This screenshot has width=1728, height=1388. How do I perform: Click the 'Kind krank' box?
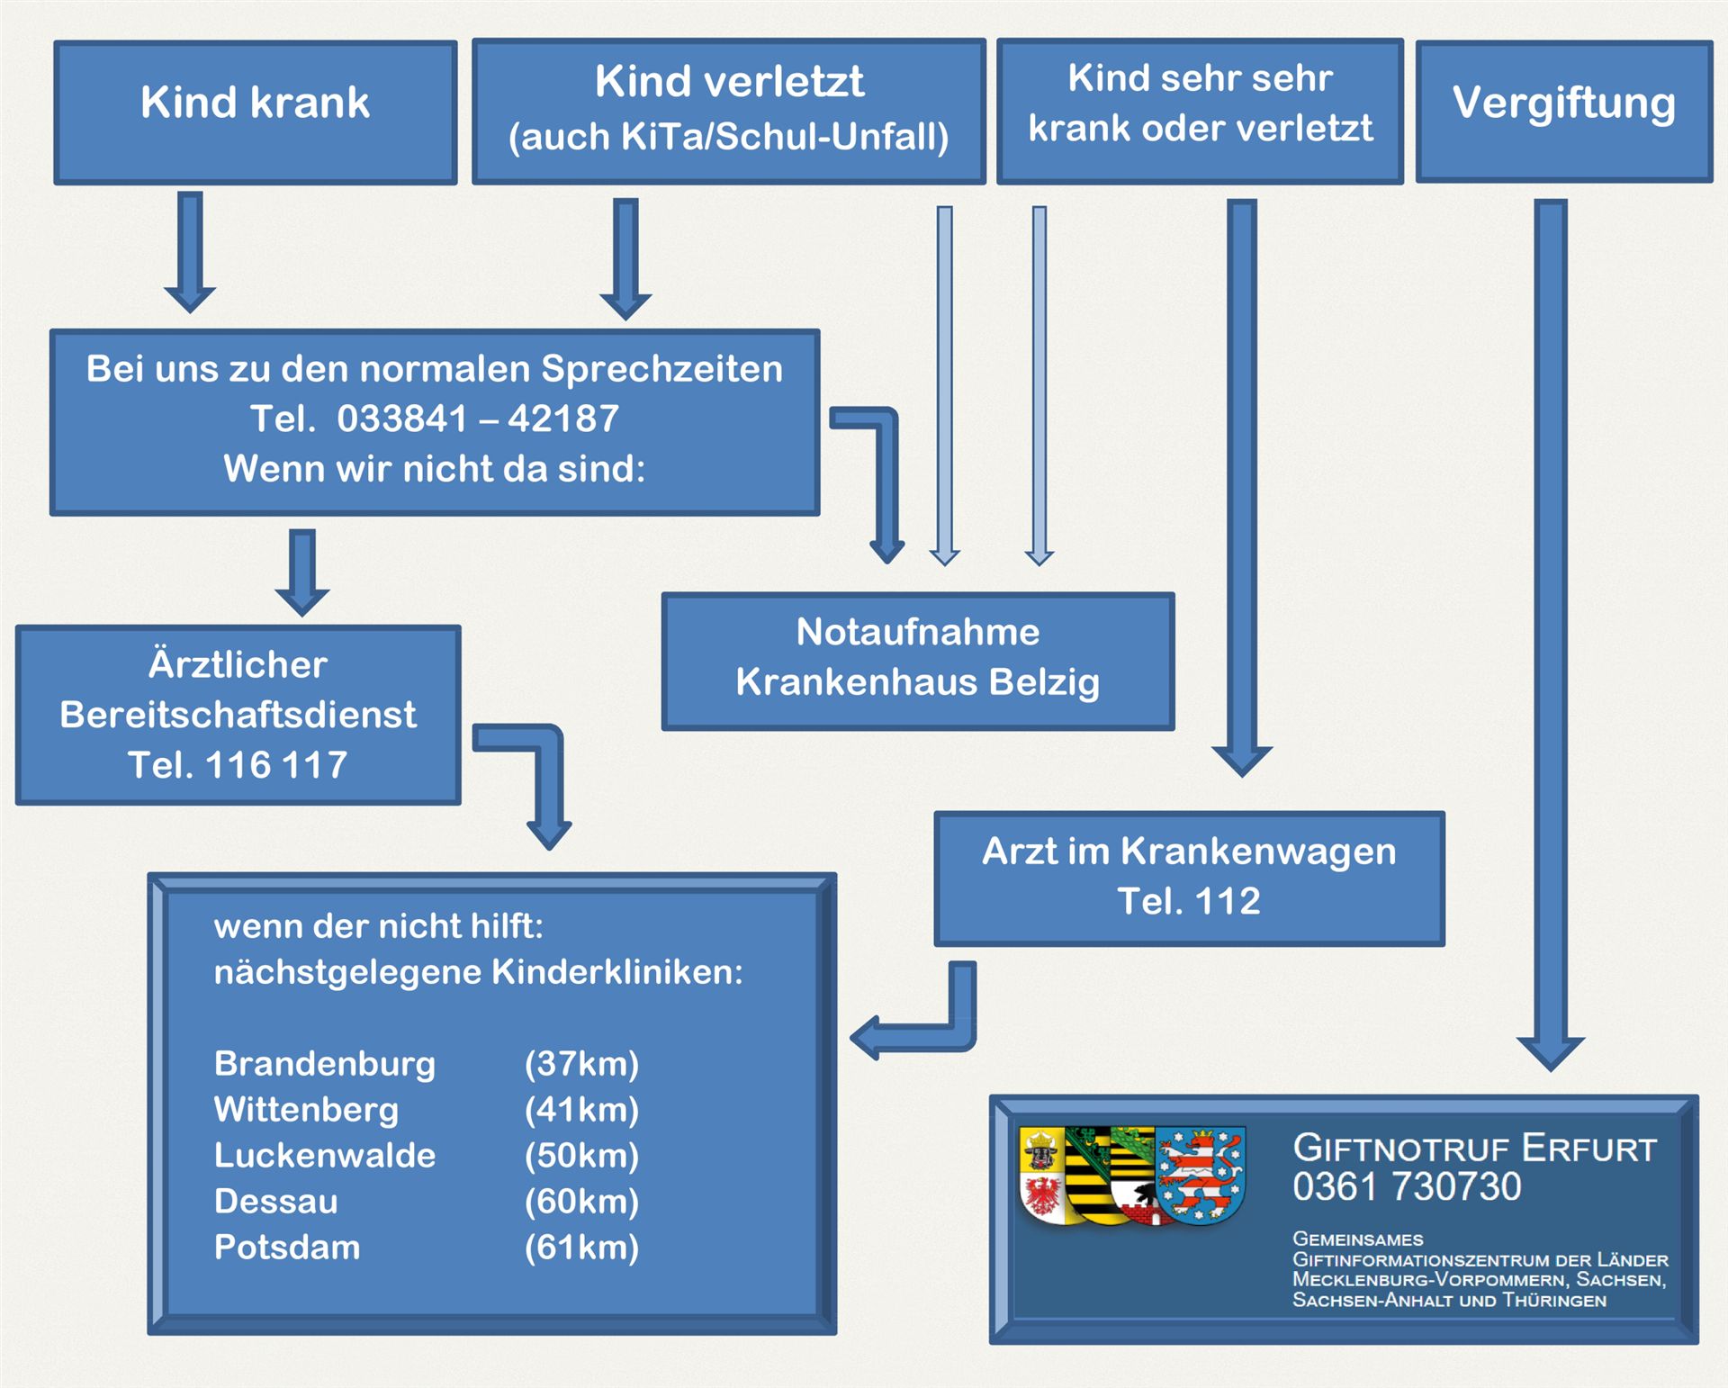[x=255, y=112]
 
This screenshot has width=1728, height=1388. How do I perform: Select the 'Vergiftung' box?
[x=1563, y=110]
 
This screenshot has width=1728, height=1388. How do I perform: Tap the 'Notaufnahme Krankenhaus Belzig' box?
[x=917, y=660]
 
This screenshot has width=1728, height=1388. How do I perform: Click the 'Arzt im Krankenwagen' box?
[x=1188, y=877]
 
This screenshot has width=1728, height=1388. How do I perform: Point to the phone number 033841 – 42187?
[x=477, y=419]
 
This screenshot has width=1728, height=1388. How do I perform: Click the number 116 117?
[x=275, y=765]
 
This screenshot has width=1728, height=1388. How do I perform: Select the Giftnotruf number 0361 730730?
[x=1407, y=1187]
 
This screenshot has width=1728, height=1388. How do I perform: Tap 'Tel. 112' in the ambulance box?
[x=1188, y=901]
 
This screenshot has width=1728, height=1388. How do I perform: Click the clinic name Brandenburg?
[x=324, y=1064]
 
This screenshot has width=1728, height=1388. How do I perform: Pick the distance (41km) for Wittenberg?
[x=581, y=1110]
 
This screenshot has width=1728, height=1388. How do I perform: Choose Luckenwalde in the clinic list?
[x=324, y=1156]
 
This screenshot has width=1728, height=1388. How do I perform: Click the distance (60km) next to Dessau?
[x=581, y=1202]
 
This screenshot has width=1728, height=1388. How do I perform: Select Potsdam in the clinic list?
[x=287, y=1248]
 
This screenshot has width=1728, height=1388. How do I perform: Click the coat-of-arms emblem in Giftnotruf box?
[x=1132, y=1176]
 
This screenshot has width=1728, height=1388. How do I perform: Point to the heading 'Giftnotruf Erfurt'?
[x=1473, y=1149]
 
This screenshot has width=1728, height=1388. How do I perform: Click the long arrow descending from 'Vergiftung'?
[x=1550, y=630]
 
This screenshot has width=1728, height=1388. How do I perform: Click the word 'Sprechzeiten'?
[x=661, y=369]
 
